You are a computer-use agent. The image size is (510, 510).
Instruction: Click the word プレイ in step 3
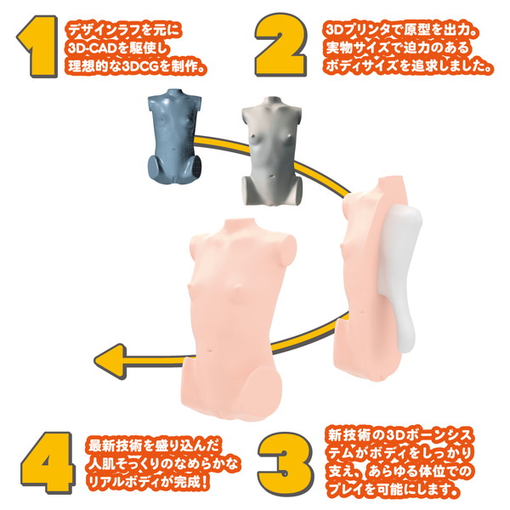345,490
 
